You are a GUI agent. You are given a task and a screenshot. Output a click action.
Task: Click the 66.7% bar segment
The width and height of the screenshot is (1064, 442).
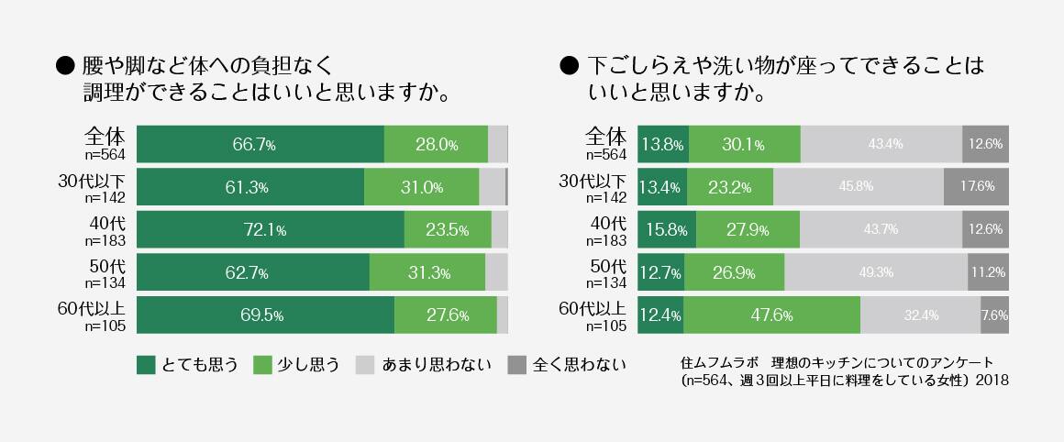pos(260,144)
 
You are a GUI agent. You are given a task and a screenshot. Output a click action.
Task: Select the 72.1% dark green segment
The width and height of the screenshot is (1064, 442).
pos(271,229)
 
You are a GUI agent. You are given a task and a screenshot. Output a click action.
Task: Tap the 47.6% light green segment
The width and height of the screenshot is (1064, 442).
pos(771,315)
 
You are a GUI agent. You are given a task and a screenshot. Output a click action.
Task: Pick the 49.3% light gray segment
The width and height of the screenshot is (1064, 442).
pos(876,272)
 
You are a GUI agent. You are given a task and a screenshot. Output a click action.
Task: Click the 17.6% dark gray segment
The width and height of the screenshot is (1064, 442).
pos(976,187)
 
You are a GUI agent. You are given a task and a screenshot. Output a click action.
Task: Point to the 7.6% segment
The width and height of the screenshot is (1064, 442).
pos(994,315)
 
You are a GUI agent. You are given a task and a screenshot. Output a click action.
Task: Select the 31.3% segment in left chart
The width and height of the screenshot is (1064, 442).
pos(427,272)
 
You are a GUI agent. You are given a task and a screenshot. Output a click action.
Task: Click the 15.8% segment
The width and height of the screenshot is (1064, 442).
pos(666,229)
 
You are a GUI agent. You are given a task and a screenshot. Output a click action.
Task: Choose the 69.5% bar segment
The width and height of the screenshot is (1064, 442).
pos(265,315)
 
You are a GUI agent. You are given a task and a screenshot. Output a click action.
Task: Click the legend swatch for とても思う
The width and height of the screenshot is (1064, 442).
pos(146,365)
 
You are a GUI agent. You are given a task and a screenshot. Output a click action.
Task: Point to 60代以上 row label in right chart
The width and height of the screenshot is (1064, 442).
pos(593,308)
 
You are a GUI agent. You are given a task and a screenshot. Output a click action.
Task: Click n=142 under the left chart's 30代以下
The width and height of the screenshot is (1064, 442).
pos(108,196)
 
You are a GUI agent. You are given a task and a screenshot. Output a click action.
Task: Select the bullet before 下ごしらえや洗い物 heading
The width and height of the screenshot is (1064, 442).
pos(568,66)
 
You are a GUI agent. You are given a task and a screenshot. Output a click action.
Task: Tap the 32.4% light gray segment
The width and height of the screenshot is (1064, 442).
pos(920,315)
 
